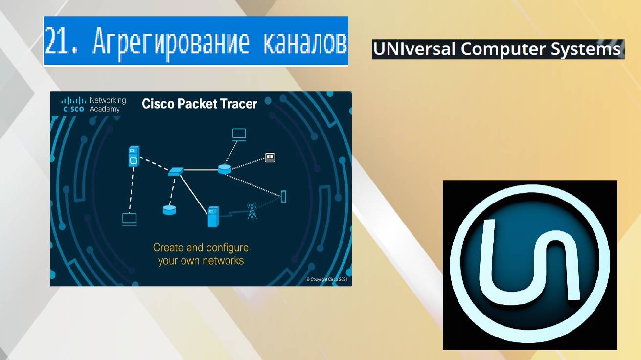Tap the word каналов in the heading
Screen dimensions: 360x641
pos(305,42)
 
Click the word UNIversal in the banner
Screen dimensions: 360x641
pos(415,49)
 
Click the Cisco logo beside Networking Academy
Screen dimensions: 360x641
pos(73,105)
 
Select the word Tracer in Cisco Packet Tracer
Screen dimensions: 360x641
pos(238,104)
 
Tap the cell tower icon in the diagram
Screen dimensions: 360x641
pos(252,211)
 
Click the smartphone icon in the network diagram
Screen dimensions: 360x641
pos(283,196)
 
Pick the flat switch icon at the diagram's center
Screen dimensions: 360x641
pos(176,171)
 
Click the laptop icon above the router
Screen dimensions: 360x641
pos(239,134)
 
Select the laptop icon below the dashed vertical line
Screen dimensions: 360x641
pos(129,219)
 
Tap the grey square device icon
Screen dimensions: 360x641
pos(270,157)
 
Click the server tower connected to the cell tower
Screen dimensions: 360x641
pos(213,217)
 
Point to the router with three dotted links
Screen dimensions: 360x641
pos(224,169)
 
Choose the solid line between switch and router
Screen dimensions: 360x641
pos(201,170)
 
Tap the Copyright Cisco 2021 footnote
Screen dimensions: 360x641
pos(327,279)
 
